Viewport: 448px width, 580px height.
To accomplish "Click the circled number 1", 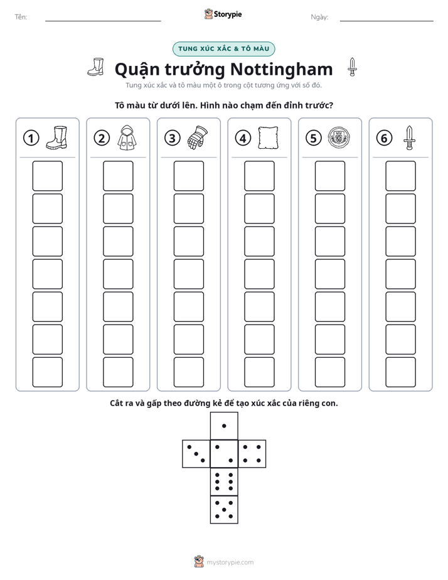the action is pos(31,138).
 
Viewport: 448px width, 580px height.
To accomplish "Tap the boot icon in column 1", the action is pos(57,137).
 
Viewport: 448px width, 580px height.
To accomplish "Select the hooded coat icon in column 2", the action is pos(127,137).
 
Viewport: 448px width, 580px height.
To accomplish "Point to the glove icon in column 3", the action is pos(198,137).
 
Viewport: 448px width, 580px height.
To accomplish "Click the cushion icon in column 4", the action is pos(268,137).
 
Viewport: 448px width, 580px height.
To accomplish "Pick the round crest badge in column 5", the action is pos(339,137).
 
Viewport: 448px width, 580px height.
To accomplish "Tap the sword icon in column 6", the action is pos(409,137).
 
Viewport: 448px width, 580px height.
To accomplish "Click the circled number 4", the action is pos(243,138).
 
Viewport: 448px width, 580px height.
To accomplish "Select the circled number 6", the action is pos(384,138).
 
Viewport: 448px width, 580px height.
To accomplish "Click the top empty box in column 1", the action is pos(47,176).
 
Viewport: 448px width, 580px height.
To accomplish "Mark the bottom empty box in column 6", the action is pos(401,372).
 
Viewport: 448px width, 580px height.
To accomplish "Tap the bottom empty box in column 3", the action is pos(188,372).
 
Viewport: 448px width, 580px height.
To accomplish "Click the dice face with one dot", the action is pos(224,426).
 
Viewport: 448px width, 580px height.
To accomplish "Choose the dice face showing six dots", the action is pos(224,481).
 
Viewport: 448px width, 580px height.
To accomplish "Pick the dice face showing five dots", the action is pos(224,509).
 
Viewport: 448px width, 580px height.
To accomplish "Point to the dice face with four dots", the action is pos(252,453).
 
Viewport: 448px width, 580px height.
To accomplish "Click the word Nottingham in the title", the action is pos(282,69).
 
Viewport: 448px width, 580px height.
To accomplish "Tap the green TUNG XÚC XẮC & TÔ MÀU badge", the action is pos(223,49).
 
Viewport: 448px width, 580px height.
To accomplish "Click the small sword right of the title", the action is pos(352,67).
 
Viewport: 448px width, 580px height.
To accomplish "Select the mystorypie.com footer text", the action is pos(230,562).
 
